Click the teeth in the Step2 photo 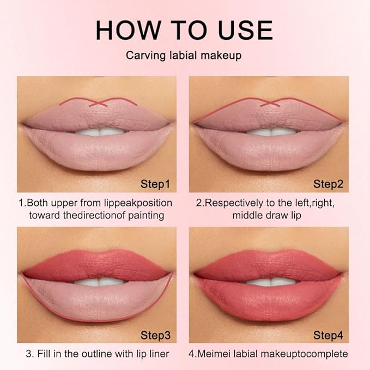coord(270,131)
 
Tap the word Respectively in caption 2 coord(236,202)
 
